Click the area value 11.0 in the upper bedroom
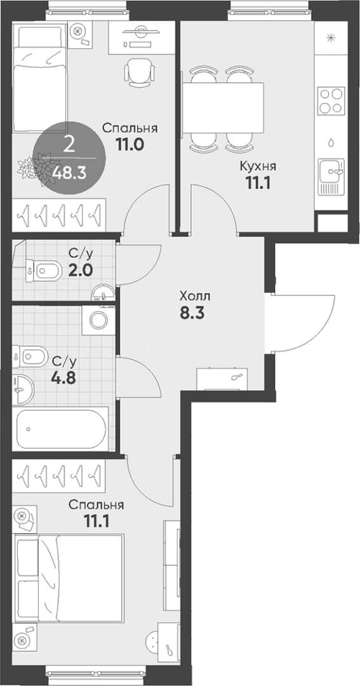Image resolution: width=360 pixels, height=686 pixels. pyautogui.click(x=130, y=144)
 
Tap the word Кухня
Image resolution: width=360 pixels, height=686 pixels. pyautogui.click(x=258, y=166)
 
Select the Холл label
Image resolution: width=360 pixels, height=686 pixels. pyautogui.click(x=195, y=296)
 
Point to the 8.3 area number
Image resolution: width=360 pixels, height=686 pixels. pyautogui.click(x=191, y=313)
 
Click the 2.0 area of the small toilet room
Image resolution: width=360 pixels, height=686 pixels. pyautogui.click(x=80, y=269)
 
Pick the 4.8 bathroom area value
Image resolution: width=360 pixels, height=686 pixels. pyautogui.click(x=64, y=377)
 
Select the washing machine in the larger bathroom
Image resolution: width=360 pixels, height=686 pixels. pyautogui.click(x=98, y=320)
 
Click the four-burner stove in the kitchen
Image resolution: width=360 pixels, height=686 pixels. pyautogui.click(x=331, y=101)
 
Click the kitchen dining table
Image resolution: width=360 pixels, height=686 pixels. pyautogui.click(x=223, y=107)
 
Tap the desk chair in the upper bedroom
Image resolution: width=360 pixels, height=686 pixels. pyautogui.click(x=140, y=72)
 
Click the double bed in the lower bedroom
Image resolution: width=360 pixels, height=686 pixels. pyautogui.click(x=69, y=578)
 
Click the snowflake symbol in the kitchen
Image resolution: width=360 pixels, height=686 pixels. pyautogui.click(x=331, y=37)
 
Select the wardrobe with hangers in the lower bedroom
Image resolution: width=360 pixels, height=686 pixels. pyautogui.click(x=58, y=476)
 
